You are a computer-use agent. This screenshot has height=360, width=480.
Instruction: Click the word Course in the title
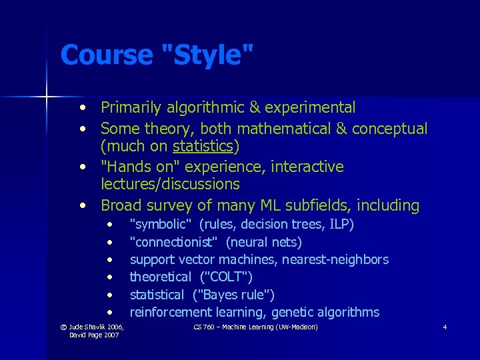[107, 55]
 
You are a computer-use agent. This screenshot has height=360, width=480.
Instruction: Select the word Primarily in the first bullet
[133, 107]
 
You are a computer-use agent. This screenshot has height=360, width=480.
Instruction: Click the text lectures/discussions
[170, 184]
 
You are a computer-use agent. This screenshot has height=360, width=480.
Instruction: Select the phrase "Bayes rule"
[233, 295]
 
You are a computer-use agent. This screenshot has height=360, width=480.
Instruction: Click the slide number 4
[445, 327]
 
